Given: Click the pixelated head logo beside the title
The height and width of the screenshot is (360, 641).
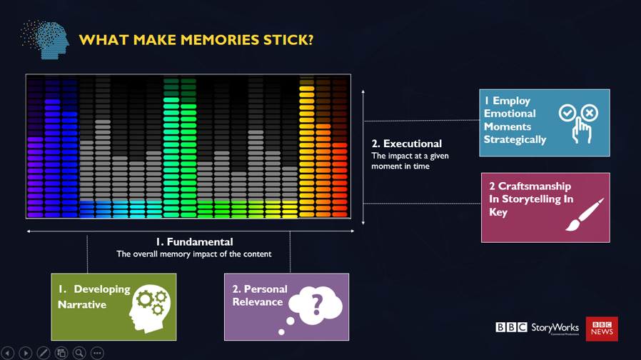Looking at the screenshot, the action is click(x=45, y=40).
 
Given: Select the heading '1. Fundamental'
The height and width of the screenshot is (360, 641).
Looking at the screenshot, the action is click(x=194, y=241).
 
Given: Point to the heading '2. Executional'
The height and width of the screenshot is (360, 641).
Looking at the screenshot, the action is click(x=407, y=144).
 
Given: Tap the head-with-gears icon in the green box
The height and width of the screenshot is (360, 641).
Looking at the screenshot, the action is click(x=148, y=308).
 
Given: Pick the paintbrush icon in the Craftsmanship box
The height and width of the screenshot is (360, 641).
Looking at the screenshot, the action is click(x=585, y=214).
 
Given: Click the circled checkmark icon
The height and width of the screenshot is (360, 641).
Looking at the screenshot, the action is click(x=567, y=113).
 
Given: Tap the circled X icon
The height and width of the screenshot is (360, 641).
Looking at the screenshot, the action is click(x=590, y=113).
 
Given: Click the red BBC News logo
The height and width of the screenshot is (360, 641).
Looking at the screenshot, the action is click(x=602, y=329).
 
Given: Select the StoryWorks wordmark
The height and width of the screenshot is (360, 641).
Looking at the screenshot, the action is click(x=555, y=328).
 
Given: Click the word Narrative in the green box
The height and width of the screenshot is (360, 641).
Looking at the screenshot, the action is click(x=82, y=305).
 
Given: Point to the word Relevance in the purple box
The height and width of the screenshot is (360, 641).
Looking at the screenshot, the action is click(x=258, y=302).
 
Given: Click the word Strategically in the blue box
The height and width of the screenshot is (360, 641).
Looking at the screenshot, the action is click(x=515, y=140).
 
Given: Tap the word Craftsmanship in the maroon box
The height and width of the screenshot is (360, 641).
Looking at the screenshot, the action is click(x=535, y=186).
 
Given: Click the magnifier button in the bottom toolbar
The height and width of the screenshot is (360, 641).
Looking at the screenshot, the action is click(x=79, y=353).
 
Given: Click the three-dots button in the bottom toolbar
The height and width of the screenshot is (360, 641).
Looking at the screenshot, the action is click(x=97, y=353).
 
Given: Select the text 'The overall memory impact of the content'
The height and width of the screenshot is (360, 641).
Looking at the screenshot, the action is click(x=193, y=254).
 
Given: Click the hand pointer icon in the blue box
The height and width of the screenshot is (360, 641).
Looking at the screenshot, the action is click(x=581, y=130).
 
